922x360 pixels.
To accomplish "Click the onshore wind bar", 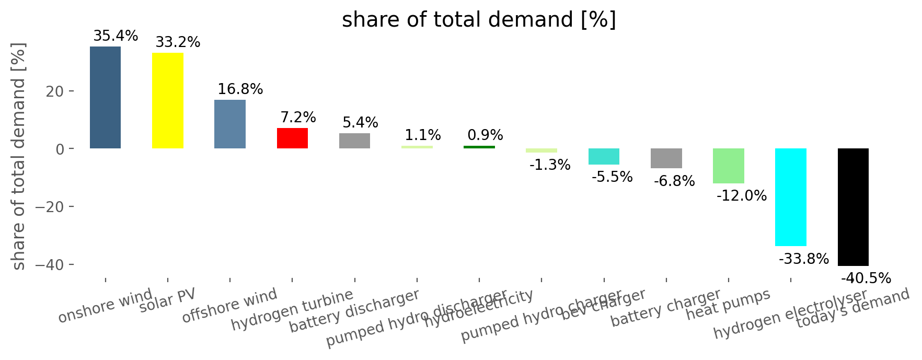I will coord(105,98).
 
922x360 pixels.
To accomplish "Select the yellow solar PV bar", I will coord(167,101).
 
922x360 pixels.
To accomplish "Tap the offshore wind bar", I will coord(230,124).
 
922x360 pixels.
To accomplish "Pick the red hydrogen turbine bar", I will coord(292,138).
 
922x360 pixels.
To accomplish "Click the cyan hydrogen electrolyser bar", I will coord(790,197).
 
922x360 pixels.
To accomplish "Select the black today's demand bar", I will coord(853,207).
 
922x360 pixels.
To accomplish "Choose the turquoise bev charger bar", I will coord(604,157).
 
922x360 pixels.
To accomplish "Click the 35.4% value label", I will coord(116,36).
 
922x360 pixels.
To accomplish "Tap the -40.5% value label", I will coord(866,278).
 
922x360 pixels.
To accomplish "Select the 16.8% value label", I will coord(240,89).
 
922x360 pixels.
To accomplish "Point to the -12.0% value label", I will coord(742,196).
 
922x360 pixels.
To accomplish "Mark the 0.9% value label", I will coord(485,135).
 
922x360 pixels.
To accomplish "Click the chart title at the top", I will coord(479,20).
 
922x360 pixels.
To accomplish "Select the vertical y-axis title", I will coord(19,157).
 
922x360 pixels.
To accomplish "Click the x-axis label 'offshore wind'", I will coord(230,305).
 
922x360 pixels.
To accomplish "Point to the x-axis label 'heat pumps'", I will coord(728,304).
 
